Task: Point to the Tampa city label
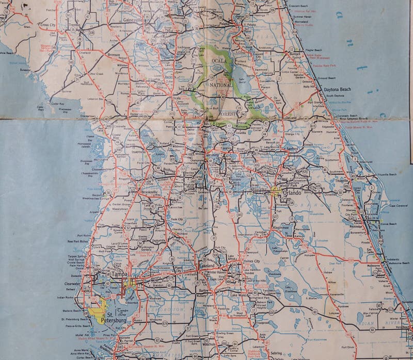119,274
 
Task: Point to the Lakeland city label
206,265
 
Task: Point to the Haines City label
251,261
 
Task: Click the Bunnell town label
295,53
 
